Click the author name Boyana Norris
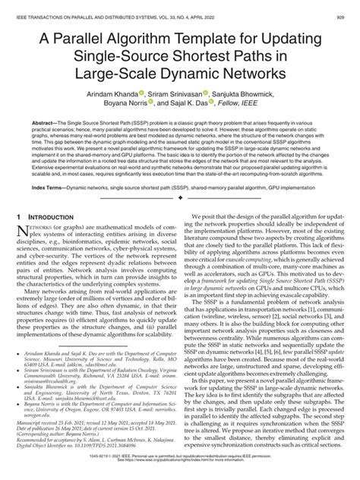coord(126,108)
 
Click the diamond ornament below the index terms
coord(179,218)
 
